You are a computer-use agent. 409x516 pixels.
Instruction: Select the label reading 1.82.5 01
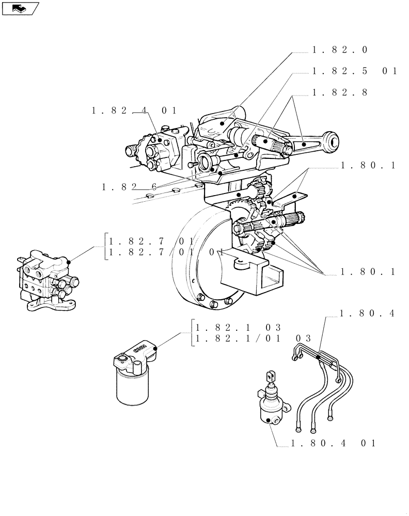coord(354,71)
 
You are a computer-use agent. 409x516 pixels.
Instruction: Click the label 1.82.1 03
coord(238,327)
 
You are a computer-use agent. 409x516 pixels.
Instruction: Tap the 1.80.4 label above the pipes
coord(367,313)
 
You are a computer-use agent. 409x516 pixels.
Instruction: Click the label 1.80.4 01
coord(334,443)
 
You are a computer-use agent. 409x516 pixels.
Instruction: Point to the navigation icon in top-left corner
coord(21,8)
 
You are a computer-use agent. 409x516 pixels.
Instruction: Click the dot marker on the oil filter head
coord(155,348)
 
